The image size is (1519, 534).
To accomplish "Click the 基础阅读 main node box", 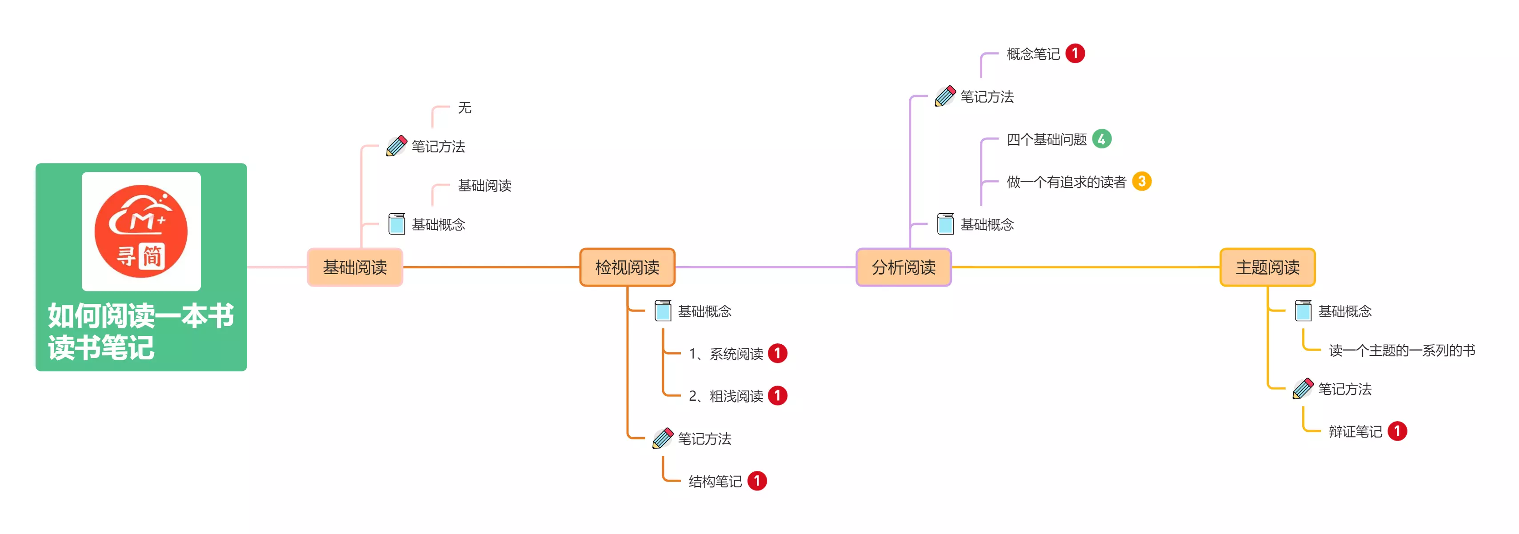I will tap(355, 267).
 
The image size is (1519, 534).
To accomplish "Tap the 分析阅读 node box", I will tap(903, 267).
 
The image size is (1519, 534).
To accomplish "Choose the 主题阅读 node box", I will tap(1267, 267).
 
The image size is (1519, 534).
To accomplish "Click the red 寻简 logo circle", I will tap(141, 231).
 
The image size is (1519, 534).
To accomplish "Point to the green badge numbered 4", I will tap(1102, 139).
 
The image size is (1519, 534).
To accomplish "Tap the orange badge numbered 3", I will tap(1142, 182).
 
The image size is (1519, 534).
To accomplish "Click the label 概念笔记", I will tap(1033, 54).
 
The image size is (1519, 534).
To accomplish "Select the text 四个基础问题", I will tap(1046, 139).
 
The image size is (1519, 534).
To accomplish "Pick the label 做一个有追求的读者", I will tap(1066, 182).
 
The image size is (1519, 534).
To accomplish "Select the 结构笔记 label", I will tap(715, 482).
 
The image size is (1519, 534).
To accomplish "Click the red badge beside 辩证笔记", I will tap(1397, 431).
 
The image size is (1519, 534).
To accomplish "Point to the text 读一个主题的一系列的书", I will tap(1402, 351).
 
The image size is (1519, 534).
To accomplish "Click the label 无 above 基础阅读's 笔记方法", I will tap(465, 108).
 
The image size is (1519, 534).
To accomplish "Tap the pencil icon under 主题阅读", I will tap(1303, 388).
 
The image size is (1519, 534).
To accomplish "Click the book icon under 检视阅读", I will tap(663, 311).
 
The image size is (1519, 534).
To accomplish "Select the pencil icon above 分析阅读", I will tap(945, 96).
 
